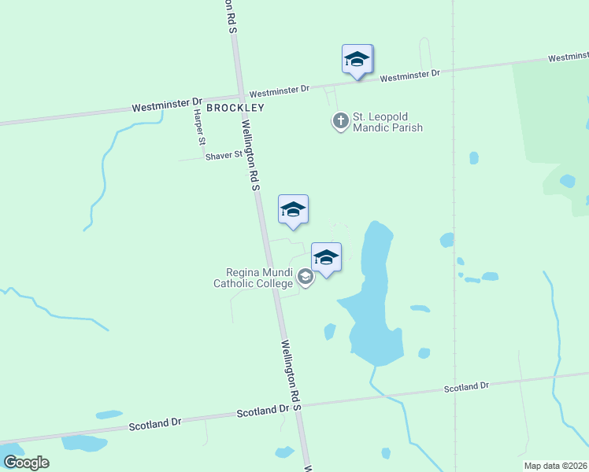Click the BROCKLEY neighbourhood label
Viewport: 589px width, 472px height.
(x=235, y=107)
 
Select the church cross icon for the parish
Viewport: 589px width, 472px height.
(x=340, y=121)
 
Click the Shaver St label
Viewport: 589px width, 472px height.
(x=224, y=156)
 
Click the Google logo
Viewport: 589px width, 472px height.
(x=26, y=463)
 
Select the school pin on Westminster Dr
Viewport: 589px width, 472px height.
(x=357, y=60)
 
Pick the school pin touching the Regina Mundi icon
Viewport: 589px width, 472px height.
(x=326, y=257)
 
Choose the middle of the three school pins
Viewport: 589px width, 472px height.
(x=293, y=210)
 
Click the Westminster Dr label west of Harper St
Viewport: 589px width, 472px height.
(x=167, y=105)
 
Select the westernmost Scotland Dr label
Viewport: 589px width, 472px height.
(x=155, y=424)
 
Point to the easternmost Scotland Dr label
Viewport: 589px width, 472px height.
(x=466, y=387)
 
